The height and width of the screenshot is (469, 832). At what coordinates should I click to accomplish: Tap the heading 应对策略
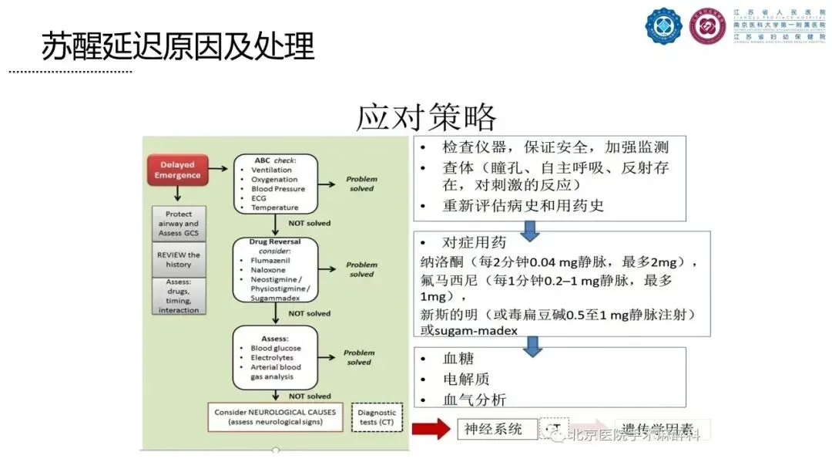click(x=426, y=117)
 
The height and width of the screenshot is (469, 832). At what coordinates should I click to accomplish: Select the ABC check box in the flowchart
click(x=275, y=183)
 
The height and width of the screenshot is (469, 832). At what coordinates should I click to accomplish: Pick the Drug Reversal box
click(x=275, y=270)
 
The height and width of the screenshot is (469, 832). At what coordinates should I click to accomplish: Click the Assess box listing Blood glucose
click(x=275, y=357)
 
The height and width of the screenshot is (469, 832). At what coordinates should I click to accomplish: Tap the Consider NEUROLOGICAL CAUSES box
click(x=275, y=417)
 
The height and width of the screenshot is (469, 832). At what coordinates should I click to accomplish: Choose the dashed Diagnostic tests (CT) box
click(x=377, y=417)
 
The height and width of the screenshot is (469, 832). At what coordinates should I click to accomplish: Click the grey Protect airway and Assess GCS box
click(x=179, y=223)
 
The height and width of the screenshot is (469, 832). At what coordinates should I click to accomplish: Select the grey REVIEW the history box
click(x=179, y=259)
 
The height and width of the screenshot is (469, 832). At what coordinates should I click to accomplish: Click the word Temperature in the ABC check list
click(x=274, y=208)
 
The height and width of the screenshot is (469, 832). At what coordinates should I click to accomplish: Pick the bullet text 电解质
click(x=466, y=379)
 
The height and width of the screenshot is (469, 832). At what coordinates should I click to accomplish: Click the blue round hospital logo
click(x=663, y=26)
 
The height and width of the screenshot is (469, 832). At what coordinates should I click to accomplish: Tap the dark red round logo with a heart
click(x=707, y=26)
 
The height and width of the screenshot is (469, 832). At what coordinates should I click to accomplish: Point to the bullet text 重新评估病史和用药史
click(x=523, y=206)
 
